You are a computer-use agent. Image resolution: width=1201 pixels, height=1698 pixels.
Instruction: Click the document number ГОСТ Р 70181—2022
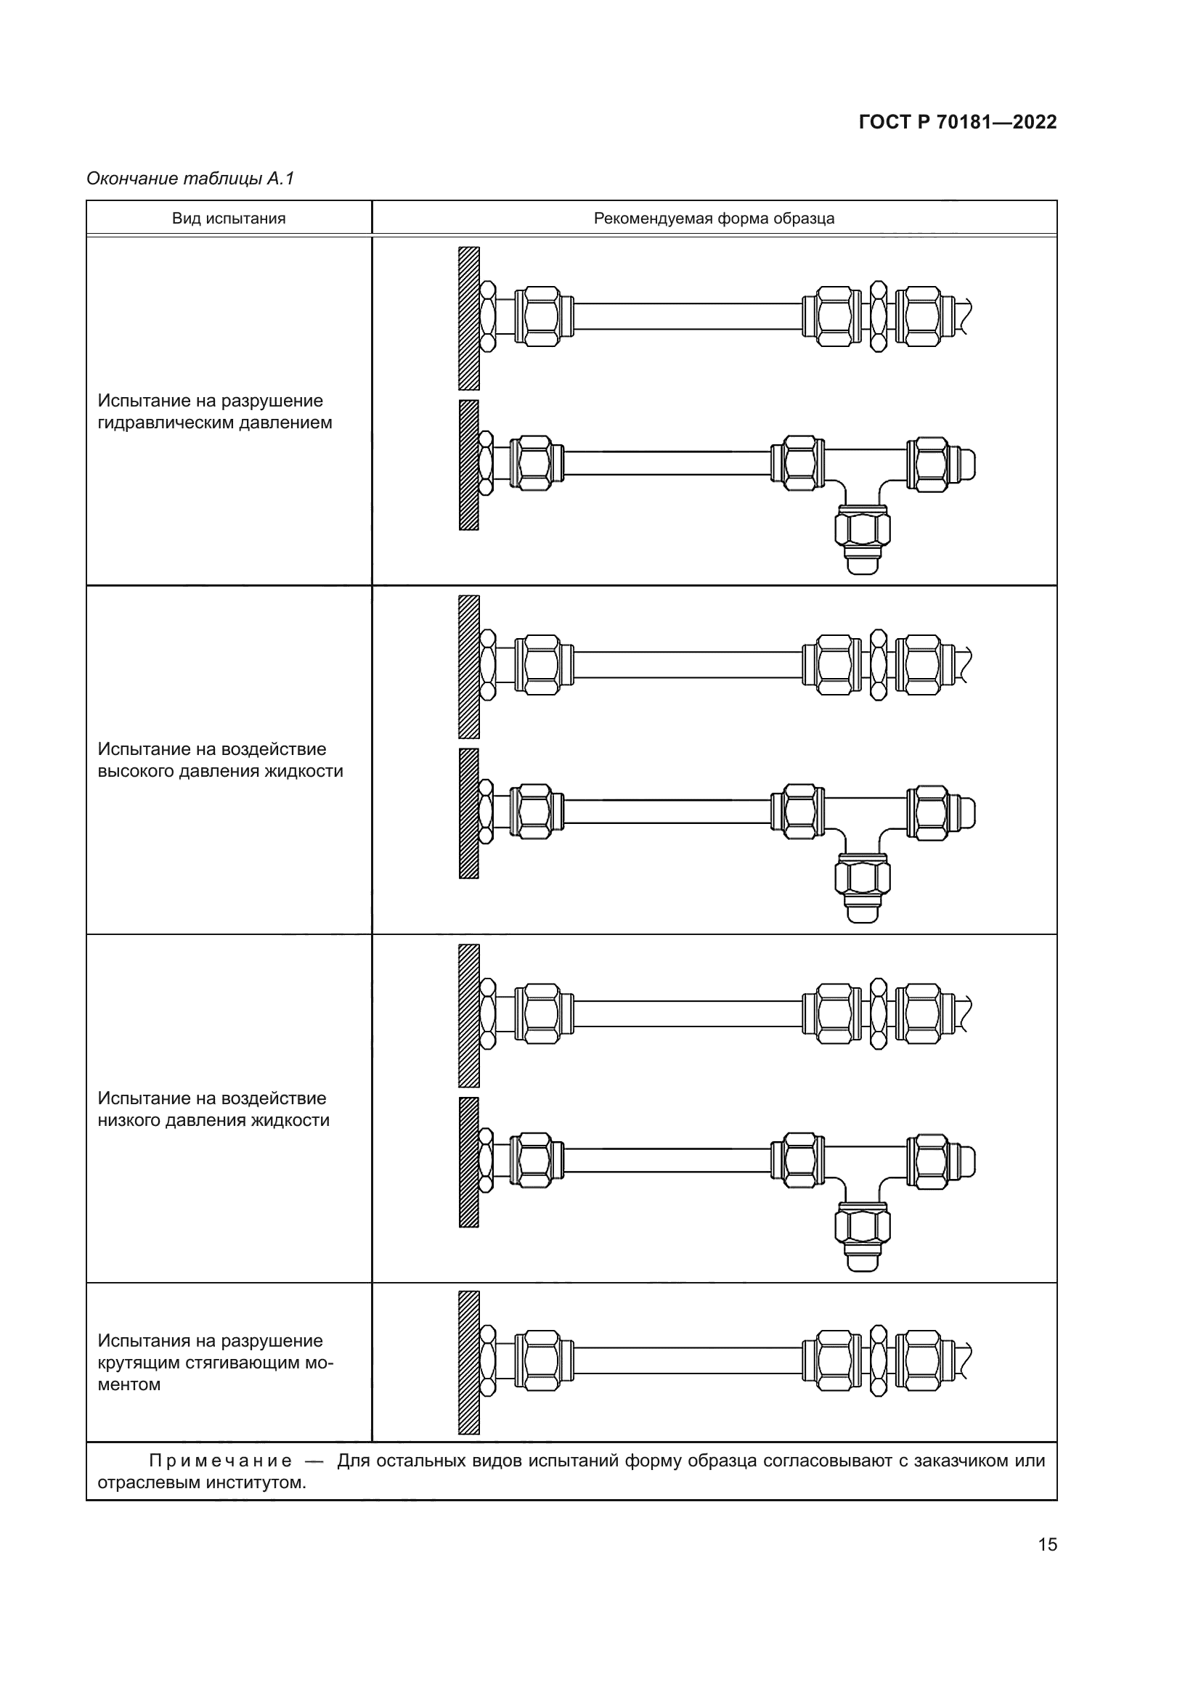[958, 122]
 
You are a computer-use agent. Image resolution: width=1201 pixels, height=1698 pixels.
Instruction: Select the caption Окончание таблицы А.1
[190, 179]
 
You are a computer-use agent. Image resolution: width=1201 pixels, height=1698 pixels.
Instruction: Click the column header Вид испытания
[229, 219]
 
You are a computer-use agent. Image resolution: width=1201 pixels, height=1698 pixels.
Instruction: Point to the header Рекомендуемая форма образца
[714, 219]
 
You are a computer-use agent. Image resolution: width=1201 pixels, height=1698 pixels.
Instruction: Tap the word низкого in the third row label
[129, 1119]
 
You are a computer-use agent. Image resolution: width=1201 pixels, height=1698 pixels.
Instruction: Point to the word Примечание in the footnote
[221, 1461]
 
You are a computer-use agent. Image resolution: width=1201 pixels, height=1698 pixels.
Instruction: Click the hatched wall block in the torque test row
[469, 1362]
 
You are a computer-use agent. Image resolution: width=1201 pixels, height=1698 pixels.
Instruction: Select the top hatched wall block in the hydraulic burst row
[469, 318]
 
